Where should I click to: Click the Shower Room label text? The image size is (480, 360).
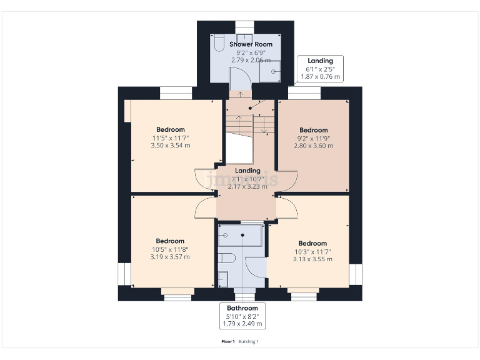pos(251,44)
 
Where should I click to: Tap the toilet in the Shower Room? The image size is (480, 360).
pos(218,44)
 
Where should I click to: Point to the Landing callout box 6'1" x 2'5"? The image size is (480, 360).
pos(320,69)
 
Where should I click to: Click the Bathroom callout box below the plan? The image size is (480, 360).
pos(242,316)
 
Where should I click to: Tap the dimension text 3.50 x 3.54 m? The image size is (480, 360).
pos(170,146)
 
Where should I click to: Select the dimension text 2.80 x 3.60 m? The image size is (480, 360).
pos(313,146)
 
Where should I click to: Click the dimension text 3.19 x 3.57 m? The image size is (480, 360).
pos(170,257)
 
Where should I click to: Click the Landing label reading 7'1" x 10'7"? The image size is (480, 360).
pos(247,178)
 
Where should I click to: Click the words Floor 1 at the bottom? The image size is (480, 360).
pos(228,341)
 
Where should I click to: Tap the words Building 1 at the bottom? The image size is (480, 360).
pos(248,341)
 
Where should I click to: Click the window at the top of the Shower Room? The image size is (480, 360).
pos(244,25)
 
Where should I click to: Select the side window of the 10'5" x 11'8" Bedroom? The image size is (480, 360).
pos(123,273)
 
